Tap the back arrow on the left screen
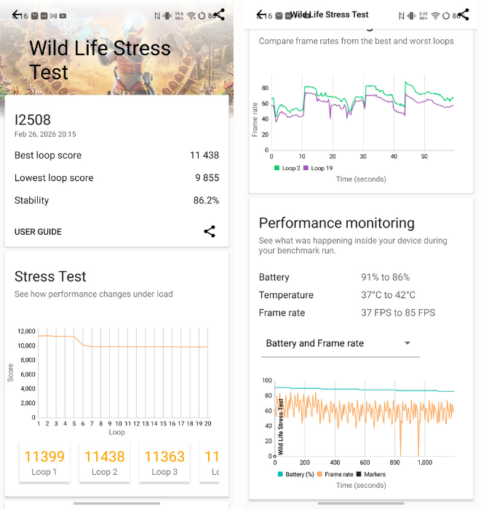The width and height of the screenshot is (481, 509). click(17, 15)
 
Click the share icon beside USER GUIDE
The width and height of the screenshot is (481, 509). click(210, 231)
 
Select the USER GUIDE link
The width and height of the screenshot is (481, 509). click(38, 232)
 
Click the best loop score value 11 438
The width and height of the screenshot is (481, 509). click(204, 156)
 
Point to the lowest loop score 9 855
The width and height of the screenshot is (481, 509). click(206, 178)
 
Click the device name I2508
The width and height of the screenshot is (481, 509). click(33, 120)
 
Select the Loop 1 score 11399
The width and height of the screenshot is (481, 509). click(44, 457)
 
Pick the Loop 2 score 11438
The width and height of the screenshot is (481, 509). click(105, 457)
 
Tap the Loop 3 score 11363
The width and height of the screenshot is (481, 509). click(164, 457)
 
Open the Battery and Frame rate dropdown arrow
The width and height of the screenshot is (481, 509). click(408, 343)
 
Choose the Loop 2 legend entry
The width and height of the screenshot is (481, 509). click(287, 168)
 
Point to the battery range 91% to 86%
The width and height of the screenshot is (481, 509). click(386, 278)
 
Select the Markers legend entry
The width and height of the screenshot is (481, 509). click(371, 475)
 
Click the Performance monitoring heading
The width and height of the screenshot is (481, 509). click(336, 223)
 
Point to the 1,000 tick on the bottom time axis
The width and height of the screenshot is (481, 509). click(425, 462)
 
